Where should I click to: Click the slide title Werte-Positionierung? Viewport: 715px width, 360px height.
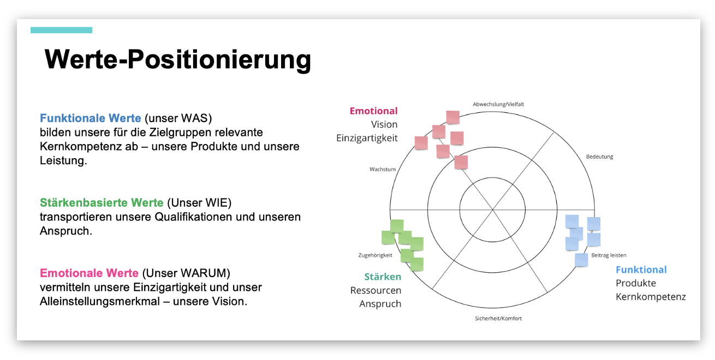pos(177,59)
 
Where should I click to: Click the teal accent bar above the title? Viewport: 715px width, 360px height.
pos(61,30)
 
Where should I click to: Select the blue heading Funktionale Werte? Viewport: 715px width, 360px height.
pos(90,118)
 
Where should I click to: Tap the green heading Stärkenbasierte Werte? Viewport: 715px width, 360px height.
pos(102,203)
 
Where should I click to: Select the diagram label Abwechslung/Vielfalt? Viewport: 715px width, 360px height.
pos(498,104)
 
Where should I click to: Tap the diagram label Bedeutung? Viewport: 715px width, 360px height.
pos(599,157)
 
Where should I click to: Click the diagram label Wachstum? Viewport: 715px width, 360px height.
pos(382,169)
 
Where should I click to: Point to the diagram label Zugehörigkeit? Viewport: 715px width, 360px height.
pos(375,255)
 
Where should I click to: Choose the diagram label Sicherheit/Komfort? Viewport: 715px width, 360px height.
pos(498,318)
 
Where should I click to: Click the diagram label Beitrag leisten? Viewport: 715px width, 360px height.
pos(609,255)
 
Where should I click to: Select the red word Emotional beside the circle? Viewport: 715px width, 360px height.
pos(373,111)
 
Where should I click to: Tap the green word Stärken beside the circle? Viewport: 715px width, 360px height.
pos(383,277)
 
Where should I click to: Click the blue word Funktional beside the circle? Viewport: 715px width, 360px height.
pos(641,269)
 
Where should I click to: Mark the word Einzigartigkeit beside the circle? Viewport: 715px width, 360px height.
pos(367,138)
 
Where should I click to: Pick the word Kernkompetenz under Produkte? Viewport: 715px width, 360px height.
pos(651,297)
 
